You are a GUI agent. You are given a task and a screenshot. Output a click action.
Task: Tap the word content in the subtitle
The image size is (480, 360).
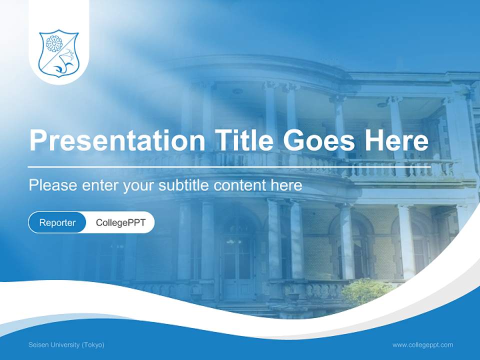[240, 185]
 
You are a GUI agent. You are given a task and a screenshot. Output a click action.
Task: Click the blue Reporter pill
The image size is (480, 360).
[57, 222]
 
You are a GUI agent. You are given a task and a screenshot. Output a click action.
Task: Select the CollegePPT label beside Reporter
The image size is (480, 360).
[120, 222]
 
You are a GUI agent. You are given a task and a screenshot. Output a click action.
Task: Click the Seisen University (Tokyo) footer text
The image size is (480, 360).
[66, 345]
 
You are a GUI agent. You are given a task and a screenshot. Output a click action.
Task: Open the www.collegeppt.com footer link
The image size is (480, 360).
[422, 345]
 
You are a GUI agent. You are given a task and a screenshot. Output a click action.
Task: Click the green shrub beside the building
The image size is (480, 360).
[367, 292]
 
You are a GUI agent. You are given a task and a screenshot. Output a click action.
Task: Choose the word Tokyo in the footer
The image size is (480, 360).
[93, 345]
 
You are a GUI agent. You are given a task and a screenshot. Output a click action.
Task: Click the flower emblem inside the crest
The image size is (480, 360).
[53, 44]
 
